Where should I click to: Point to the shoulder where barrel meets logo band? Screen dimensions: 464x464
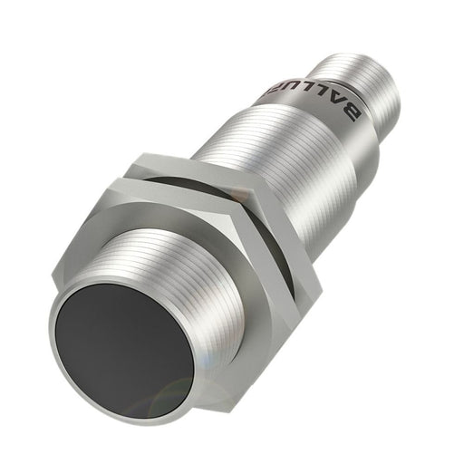(x=299, y=109)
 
